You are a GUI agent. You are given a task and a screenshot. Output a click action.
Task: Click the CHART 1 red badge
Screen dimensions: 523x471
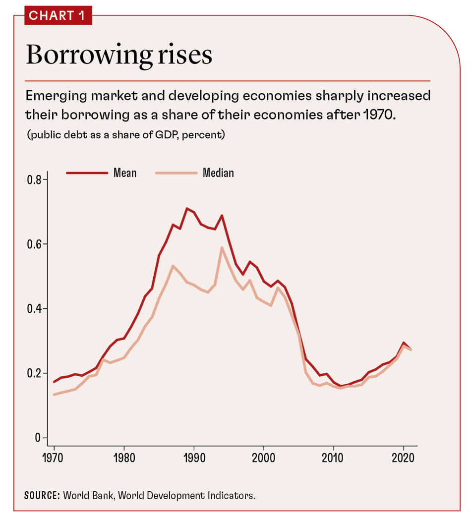(x=58, y=15)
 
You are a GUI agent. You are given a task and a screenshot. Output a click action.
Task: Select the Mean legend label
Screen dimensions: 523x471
(x=124, y=173)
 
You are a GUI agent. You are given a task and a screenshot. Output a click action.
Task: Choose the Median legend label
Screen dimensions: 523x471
(x=218, y=173)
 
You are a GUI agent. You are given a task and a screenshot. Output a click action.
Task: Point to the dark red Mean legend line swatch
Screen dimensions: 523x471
(x=87, y=173)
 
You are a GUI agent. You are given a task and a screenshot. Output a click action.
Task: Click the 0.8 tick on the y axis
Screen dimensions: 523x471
(x=34, y=179)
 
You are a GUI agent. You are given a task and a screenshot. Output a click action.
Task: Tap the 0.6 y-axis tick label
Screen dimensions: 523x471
(x=34, y=244)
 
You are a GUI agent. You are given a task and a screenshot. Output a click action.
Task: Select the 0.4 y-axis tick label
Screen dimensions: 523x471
(x=34, y=308)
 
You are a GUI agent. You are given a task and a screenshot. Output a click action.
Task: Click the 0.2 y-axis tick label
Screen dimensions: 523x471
(x=34, y=373)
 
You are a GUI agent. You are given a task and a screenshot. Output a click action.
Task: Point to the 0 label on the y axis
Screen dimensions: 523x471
(x=38, y=438)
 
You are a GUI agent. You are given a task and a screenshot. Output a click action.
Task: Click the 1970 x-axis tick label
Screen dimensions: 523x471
(x=54, y=457)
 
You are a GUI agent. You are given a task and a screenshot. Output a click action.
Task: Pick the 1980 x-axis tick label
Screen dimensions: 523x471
(x=123, y=457)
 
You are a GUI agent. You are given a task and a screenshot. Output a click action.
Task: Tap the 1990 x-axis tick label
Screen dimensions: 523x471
(x=193, y=457)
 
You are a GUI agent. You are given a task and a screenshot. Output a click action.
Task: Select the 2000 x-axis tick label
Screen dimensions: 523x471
(x=263, y=457)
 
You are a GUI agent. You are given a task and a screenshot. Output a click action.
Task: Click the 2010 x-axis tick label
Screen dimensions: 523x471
(x=333, y=457)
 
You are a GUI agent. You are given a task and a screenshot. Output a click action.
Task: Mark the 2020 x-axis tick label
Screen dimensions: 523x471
(x=403, y=457)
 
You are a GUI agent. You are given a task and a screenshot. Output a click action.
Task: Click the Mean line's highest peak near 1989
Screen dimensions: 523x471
(x=187, y=208)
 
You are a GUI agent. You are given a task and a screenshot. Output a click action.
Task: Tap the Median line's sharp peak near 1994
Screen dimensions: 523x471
(x=222, y=247)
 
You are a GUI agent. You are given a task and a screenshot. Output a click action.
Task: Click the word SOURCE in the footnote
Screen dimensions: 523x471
(x=42, y=495)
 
